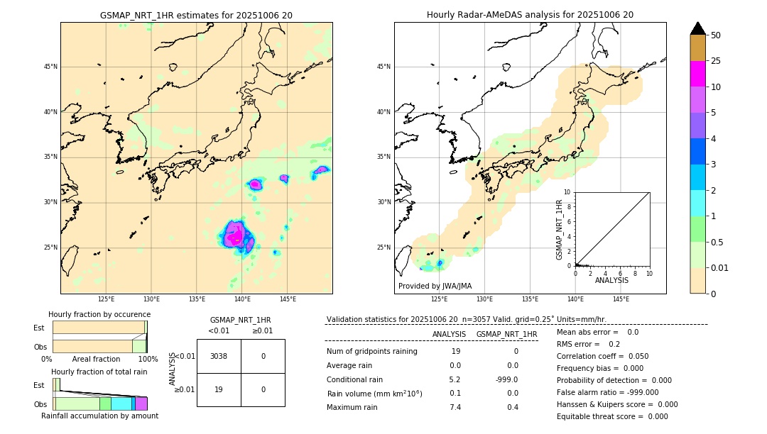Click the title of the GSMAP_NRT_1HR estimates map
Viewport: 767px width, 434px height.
click(x=196, y=15)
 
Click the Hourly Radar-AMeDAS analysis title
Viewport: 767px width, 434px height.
click(x=530, y=15)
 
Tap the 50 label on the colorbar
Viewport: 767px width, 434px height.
click(x=716, y=35)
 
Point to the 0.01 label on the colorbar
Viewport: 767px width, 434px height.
click(x=720, y=267)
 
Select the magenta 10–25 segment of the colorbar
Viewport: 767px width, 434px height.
click(x=698, y=74)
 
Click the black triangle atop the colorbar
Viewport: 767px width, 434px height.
click(x=698, y=28)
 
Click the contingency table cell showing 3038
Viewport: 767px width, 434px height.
click(x=219, y=356)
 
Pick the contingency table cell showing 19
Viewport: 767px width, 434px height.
click(x=219, y=389)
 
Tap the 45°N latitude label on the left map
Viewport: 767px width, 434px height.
click(x=50, y=67)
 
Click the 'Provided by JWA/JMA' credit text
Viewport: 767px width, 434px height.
click(x=435, y=286)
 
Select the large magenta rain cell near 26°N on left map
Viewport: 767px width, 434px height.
click(x=236, y=235)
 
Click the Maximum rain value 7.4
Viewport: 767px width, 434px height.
click(x=455, y=407)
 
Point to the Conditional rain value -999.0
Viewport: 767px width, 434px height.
click(x=507, y=379)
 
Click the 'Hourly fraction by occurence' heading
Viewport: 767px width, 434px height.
click(x=99, y=314)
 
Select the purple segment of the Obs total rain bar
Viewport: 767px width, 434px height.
click(x=141, y=404)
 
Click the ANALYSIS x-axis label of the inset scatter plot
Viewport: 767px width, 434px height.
click(x=611, y=280)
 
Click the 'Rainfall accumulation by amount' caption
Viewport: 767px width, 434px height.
click(x=99, y=416)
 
